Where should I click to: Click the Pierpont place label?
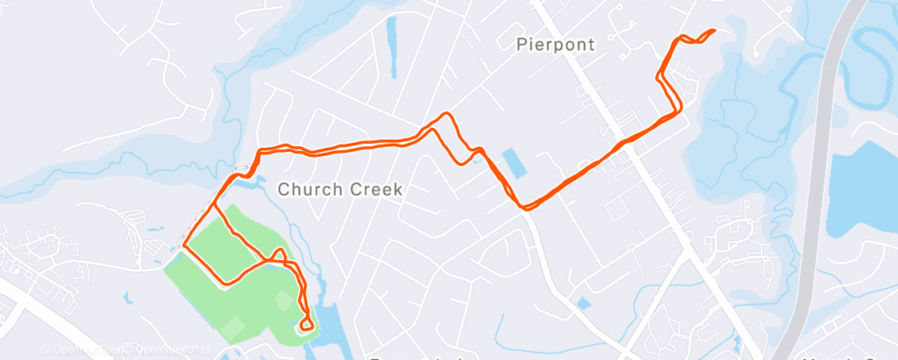tap(555, 44)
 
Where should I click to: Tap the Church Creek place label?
tap(339, 189)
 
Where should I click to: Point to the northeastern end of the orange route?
tap(712, 31)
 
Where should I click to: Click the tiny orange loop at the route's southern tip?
tap(306, 324)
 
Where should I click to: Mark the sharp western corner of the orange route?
tap(183, 245)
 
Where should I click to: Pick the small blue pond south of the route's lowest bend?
tap(584, 303)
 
